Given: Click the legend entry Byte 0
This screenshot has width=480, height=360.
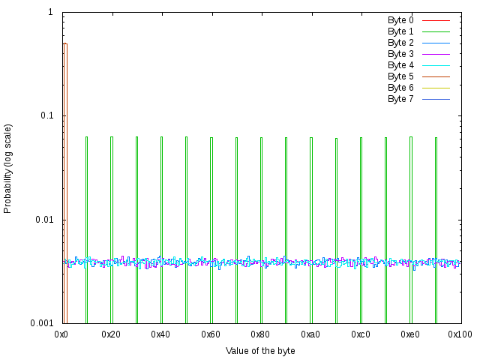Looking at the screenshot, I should point(400,20).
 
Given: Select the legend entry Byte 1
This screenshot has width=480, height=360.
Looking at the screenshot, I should point(400,31).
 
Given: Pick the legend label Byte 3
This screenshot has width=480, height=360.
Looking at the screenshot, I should point(400,54).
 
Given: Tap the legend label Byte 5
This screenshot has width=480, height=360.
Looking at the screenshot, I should point(400,76).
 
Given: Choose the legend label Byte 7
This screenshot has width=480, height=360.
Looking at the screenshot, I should point(400,99).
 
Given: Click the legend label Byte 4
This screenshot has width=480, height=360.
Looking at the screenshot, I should point(400,65).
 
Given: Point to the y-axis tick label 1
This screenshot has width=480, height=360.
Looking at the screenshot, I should point(49,13).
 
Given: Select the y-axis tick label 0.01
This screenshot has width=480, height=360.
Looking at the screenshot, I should point(43,220).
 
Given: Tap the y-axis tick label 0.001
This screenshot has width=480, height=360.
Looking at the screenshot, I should point(40,323).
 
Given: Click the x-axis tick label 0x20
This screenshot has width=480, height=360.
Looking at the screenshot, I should point(112,333).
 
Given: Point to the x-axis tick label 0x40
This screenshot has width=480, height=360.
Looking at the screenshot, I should point(161,333).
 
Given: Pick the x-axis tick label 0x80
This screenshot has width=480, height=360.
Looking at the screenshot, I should point(261,333).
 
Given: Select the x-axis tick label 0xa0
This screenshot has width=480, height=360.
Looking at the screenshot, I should point(310,333).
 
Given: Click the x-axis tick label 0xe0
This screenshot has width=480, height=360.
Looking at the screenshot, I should point(409,333).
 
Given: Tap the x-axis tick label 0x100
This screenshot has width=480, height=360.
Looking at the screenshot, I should point(459,333).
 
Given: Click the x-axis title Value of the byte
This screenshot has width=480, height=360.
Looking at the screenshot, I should point(260,350).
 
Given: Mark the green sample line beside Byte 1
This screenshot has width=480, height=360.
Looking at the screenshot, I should point(436,31).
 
